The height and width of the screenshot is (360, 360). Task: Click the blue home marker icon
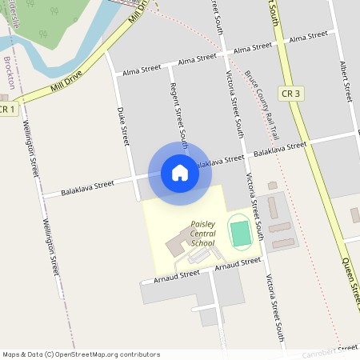point(180,173)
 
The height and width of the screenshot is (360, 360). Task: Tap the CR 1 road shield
point(7,109)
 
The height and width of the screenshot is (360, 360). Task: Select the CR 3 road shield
point(290,94)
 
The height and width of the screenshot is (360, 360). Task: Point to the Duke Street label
point(123,126)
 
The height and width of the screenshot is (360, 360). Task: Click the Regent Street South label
point(179,104)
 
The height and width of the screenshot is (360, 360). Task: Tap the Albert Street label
point(346,80)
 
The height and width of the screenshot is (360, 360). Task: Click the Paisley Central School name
point(202,234)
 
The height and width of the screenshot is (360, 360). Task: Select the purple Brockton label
point(9,77)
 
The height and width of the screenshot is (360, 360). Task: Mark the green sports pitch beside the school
point(240,234)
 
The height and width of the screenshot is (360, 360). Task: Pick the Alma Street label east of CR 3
point(308,38)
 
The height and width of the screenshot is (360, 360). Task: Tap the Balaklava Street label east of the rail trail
point(280,149)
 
